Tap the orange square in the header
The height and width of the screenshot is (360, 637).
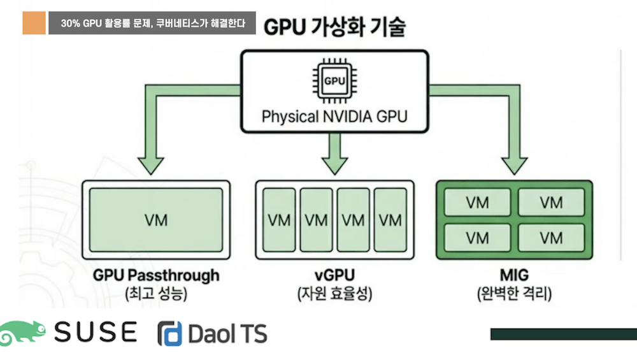[x=34, y=24]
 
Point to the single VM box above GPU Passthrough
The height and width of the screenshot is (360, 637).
[x=156, y=220]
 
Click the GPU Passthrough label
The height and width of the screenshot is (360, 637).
[x=156, y=275]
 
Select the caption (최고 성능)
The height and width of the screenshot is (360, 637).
[x=156, y=294]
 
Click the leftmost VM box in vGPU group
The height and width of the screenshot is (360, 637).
[x=278, y=220]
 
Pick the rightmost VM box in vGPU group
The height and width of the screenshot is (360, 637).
[x=390, y=220]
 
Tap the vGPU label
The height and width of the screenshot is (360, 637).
[x=334, y=275]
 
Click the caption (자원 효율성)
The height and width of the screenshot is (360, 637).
[x=334, y=294]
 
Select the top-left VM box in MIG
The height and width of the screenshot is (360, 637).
[x=477, y=203]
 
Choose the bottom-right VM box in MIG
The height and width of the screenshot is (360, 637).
[x=551, y=238]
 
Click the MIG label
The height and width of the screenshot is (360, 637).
[x=513, y=275]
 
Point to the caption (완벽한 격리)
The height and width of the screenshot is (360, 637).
[x=513, y=294]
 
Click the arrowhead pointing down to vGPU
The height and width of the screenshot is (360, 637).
[x=334, y=166]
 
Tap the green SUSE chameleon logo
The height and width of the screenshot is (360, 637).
[x=24, y=332]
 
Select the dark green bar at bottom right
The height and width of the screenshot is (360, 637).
[x=563, y=334]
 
